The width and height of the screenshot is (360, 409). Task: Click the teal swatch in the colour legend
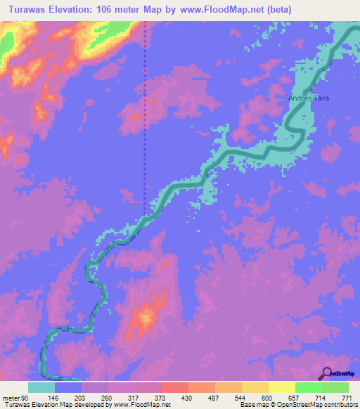click(x=41, y=388)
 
